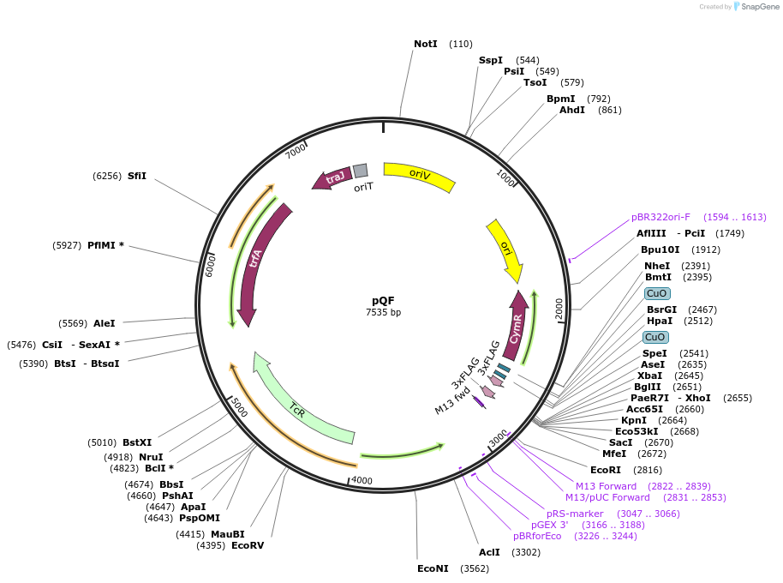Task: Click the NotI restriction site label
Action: coord(426,44)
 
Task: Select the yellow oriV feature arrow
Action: coord(419,176)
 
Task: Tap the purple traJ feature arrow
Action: coord(332,177)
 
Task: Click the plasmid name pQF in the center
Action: coord(383,300)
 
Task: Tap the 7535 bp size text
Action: coord(383,312)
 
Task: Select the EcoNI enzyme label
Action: coord(433,568)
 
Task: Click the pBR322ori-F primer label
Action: coord(660,217)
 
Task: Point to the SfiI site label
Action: coord(137,176)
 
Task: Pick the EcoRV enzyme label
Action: coord(248,545)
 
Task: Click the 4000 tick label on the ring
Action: coord(362,481)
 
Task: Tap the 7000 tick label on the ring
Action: coord(296,151)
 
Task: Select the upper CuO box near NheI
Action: coord(657,293)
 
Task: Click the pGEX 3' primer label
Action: coord(550,525)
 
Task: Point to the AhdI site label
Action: coord(572,110)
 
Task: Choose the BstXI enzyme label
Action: coord(137,442)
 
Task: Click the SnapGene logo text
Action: coord(756,7)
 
